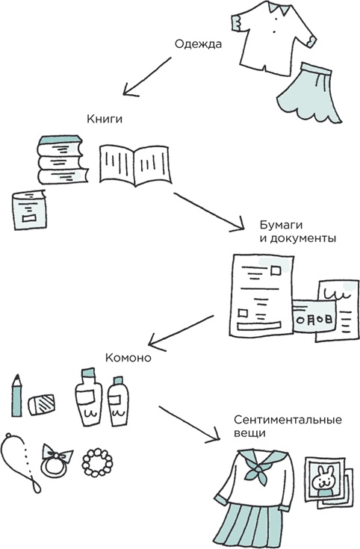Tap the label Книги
[x=103, y=119]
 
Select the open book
[x=134, y=164]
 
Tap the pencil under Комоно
[x=16, y=397]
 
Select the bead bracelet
[x=96, y=462]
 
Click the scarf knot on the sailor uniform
[x=261, y=469]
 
